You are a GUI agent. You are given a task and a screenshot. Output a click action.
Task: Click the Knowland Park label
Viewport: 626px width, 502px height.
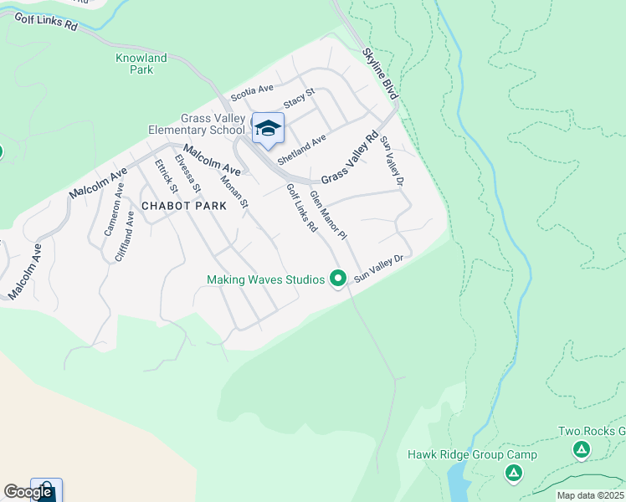coord(141,64)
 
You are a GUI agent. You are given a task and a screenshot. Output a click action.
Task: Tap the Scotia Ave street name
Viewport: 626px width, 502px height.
coord(252,90)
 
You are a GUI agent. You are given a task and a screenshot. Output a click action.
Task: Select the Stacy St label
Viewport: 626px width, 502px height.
coord(298,98)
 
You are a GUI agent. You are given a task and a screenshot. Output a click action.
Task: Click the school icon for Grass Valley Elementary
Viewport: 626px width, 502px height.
coord(268,129)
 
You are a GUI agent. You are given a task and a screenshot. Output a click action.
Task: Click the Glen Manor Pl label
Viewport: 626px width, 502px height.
coord(327,215)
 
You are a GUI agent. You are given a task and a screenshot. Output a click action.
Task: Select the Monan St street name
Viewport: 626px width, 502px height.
coord(233,192)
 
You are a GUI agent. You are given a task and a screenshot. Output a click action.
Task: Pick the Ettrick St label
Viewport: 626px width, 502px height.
coord(164,175)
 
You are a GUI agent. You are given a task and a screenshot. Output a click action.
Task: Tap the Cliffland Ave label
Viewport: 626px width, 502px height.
coord(125,237)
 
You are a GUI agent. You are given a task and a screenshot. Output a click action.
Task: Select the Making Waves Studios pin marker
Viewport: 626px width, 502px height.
coord(338,278)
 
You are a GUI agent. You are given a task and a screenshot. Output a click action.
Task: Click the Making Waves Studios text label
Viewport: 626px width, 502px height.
coord(265,279)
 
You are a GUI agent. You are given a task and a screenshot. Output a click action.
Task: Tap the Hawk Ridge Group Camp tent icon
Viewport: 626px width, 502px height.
coord(514,474)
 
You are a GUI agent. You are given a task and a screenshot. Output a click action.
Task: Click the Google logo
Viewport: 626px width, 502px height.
coord(28,492)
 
